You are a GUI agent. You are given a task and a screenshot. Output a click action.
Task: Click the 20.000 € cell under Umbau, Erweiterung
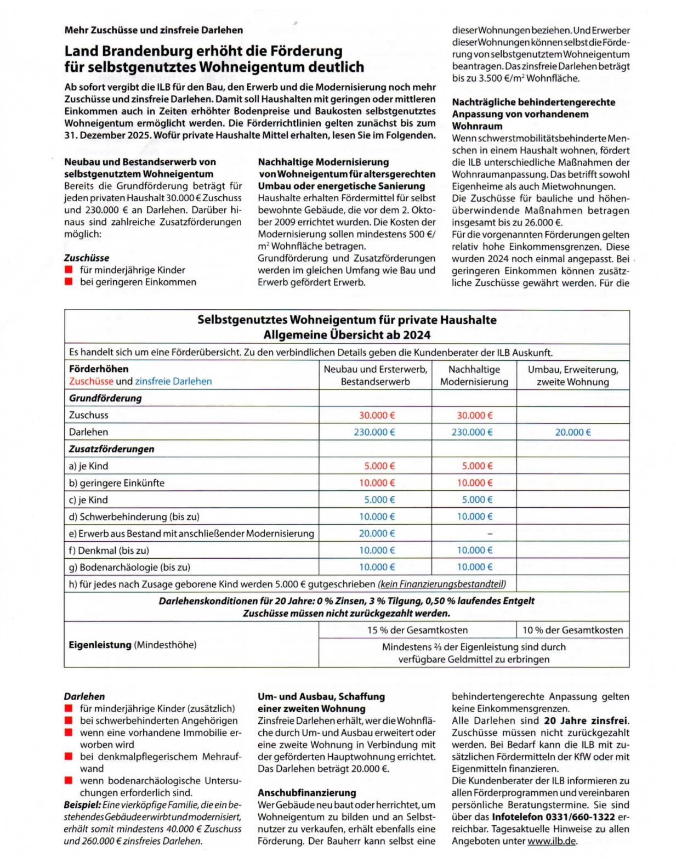click(572, 432)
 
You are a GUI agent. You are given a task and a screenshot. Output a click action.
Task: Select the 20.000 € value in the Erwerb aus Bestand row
click(376, 533)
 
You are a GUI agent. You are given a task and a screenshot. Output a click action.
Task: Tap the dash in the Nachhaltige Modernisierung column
click(490, 534)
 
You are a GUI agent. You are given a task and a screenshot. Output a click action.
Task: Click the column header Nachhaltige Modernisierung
click(474, 376)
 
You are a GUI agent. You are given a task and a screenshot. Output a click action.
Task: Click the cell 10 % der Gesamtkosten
click(572, 630)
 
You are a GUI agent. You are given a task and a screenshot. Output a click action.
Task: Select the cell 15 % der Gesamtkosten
click(417, 630)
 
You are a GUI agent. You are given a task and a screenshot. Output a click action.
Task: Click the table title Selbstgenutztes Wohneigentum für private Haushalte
click(346, 320)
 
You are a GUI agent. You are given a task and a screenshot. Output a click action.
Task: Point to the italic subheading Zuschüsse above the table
click(86, 258)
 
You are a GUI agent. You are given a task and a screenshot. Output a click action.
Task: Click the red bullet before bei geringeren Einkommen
click(69, 282)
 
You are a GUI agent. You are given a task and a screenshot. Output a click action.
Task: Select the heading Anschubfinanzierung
click(306, 793)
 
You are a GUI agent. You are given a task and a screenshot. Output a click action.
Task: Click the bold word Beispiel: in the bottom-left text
click(82, 805)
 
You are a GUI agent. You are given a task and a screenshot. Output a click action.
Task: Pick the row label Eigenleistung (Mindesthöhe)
click(132, 645)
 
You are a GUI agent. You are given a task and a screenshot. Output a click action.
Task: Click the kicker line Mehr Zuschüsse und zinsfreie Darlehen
click(154, 30)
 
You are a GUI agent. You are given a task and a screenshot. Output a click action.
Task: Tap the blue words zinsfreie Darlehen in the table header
click(173, 381)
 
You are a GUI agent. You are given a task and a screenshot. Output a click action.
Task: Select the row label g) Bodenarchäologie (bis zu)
click(129, 567)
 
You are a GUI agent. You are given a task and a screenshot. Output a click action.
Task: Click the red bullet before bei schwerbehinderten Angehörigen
click(69, 721)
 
